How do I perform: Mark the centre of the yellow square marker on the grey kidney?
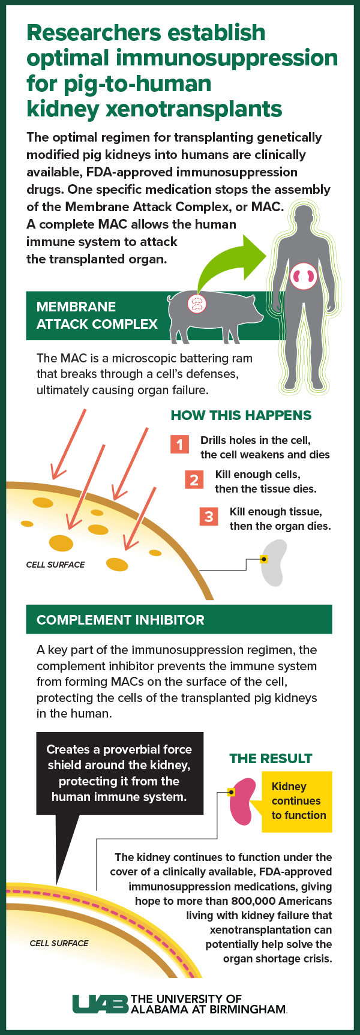263,559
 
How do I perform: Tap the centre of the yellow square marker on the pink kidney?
231,793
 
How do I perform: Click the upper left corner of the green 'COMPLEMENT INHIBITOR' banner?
26,605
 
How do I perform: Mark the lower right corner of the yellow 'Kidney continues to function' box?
332,832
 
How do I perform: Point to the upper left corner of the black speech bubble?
37,732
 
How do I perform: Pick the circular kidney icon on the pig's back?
197,304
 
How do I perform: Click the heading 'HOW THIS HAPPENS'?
241,415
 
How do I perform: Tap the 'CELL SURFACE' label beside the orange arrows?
56,565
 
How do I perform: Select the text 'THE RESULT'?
271,758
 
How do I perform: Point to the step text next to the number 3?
280,519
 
